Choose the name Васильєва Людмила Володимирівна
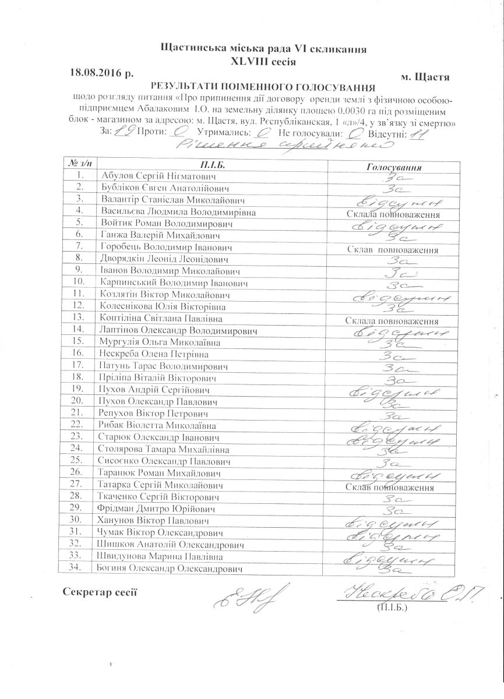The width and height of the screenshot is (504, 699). coord(178,212)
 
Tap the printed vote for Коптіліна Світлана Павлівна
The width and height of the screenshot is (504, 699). coord(392,321)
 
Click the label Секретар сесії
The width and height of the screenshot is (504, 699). coord(100,592)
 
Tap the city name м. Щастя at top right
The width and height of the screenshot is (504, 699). coord(425,76)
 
